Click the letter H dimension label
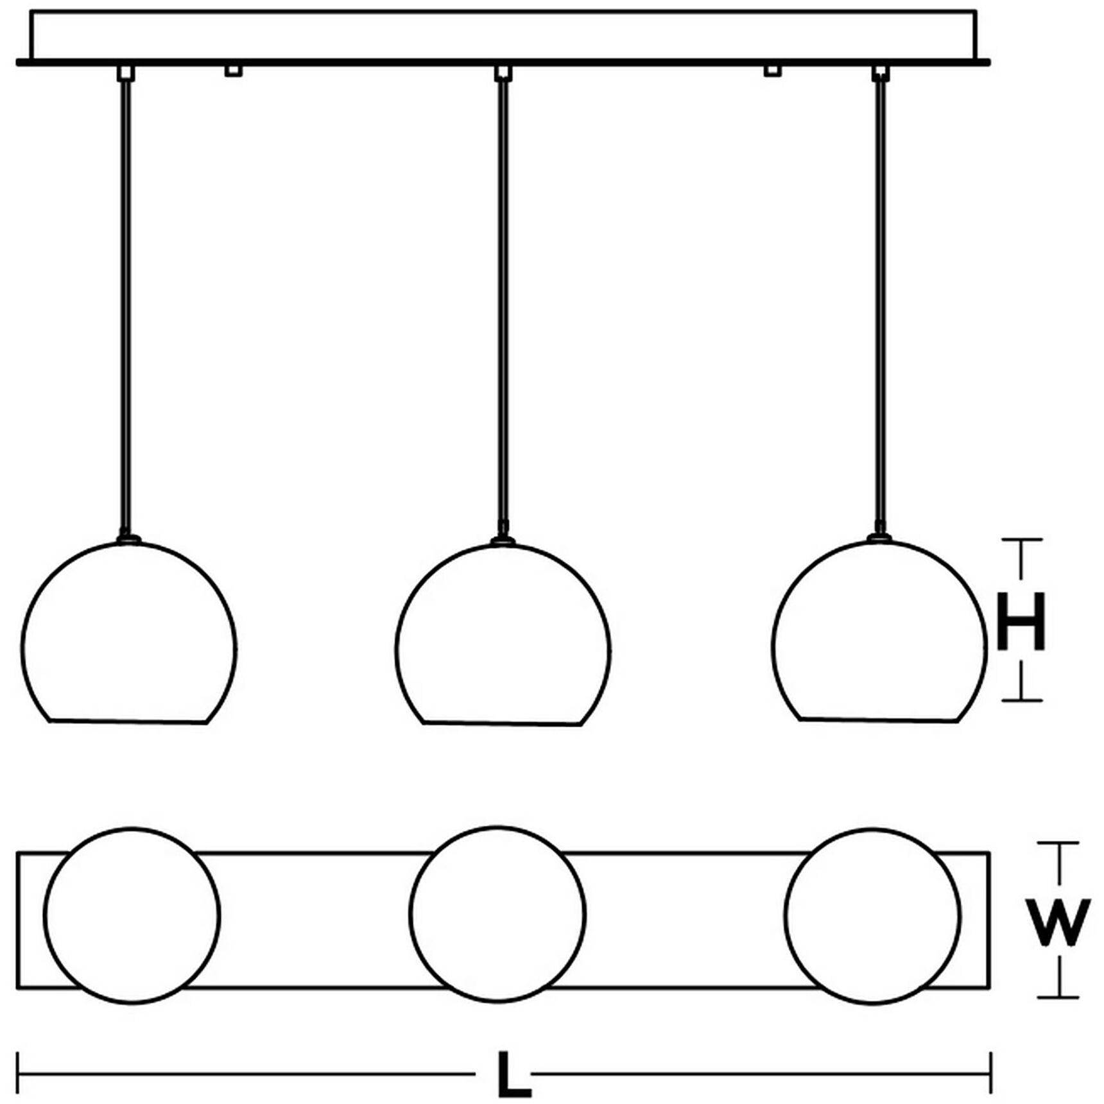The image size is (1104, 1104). [1021, 621]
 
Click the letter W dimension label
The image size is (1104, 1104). [1057, 922]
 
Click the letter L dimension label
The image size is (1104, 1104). [513, 1074]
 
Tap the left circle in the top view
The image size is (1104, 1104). [132, 915]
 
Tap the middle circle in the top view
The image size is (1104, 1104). [497, 914]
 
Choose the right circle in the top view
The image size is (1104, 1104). [872, 915]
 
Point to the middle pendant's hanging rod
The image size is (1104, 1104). [504, 302]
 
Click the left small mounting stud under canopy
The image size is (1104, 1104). [234, 70]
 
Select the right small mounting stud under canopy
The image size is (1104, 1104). [772, 70]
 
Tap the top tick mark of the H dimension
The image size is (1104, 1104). [1021, 540]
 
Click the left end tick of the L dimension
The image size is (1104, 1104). [17, 1073]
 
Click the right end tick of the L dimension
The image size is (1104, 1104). [991, 1073]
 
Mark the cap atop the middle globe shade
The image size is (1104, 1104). [503, 541]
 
